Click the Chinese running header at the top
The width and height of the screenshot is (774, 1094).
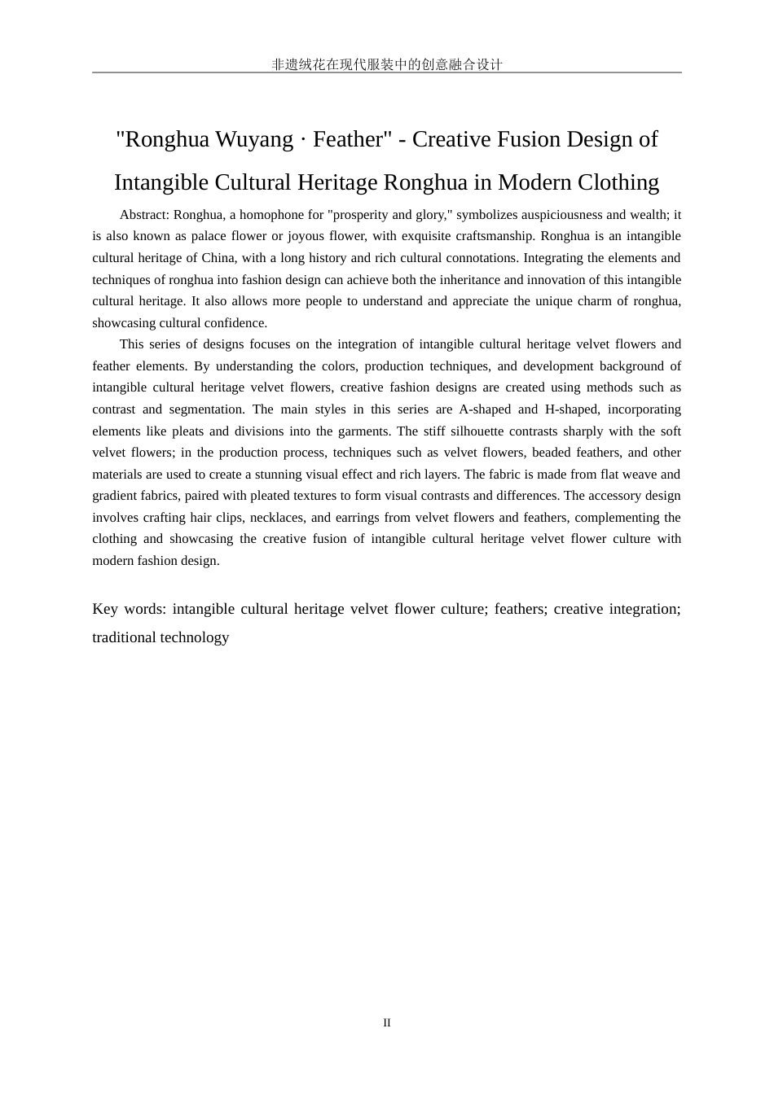(x=387, y=64)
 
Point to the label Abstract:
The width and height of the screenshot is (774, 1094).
(x=144, y=215)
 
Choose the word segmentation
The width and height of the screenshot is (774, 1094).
(x=207, y=409)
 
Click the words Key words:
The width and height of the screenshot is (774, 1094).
(x=130, y=609)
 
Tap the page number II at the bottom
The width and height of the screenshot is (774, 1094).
(x=387, y=1022)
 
